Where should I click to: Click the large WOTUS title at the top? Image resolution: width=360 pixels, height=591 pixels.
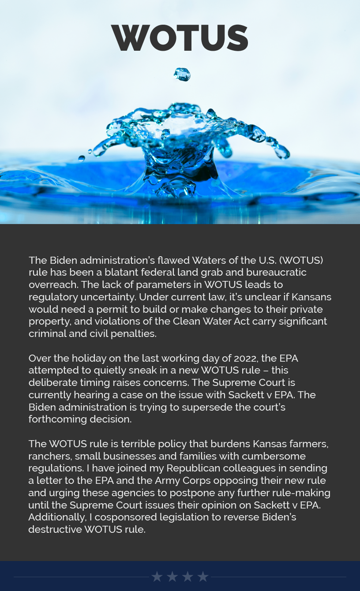(180, 38)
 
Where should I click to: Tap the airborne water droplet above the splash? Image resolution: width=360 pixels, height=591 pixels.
(182, 74)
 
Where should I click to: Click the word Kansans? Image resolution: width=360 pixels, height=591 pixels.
(311, 297)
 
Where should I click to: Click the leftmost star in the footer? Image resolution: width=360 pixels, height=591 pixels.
(157, 576)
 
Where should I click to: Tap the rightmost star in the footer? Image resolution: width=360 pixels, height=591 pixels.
(203, 576)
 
